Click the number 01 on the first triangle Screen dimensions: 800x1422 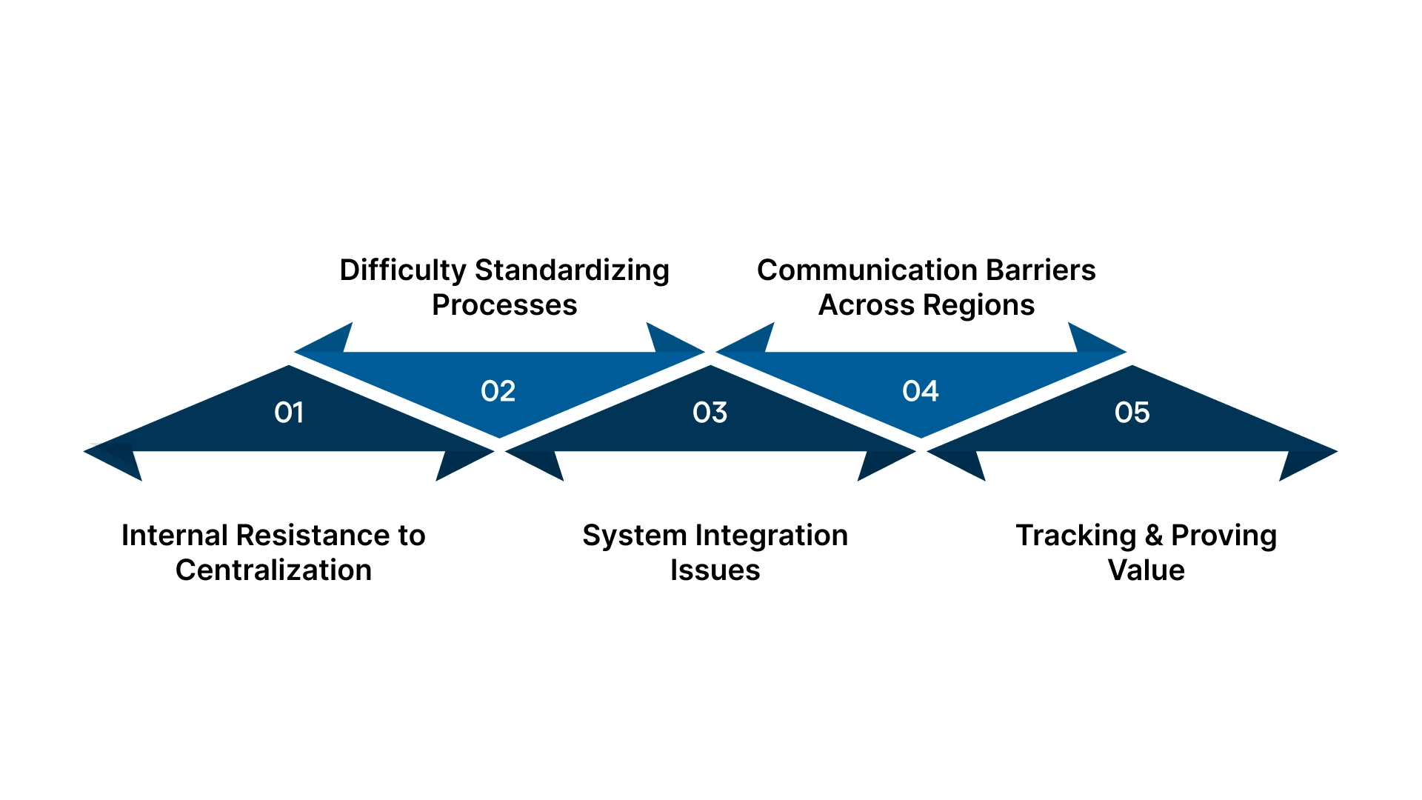click(x=289, y=413)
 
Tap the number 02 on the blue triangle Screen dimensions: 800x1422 click(x=498, y=391)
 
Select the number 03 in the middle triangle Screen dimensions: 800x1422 click(x=710, y=413)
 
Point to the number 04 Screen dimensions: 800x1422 click(x=921, y=391)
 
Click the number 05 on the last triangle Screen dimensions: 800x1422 click(x=1132, y=413)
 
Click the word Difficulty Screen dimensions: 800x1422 click(x=403, y=271)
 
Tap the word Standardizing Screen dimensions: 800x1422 click(x=572, y=271)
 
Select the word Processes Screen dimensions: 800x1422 click(x=504, y=305)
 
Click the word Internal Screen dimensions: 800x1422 click(x=174, y=536)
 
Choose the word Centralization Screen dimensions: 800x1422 click(x=273, y=570)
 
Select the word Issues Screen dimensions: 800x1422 click(x=715, y=570)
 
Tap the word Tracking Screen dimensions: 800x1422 click(x=1075, y=536)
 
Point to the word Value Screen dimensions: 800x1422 click(x=1146, y=570)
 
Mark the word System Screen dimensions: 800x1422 click(x=635, y=536)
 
